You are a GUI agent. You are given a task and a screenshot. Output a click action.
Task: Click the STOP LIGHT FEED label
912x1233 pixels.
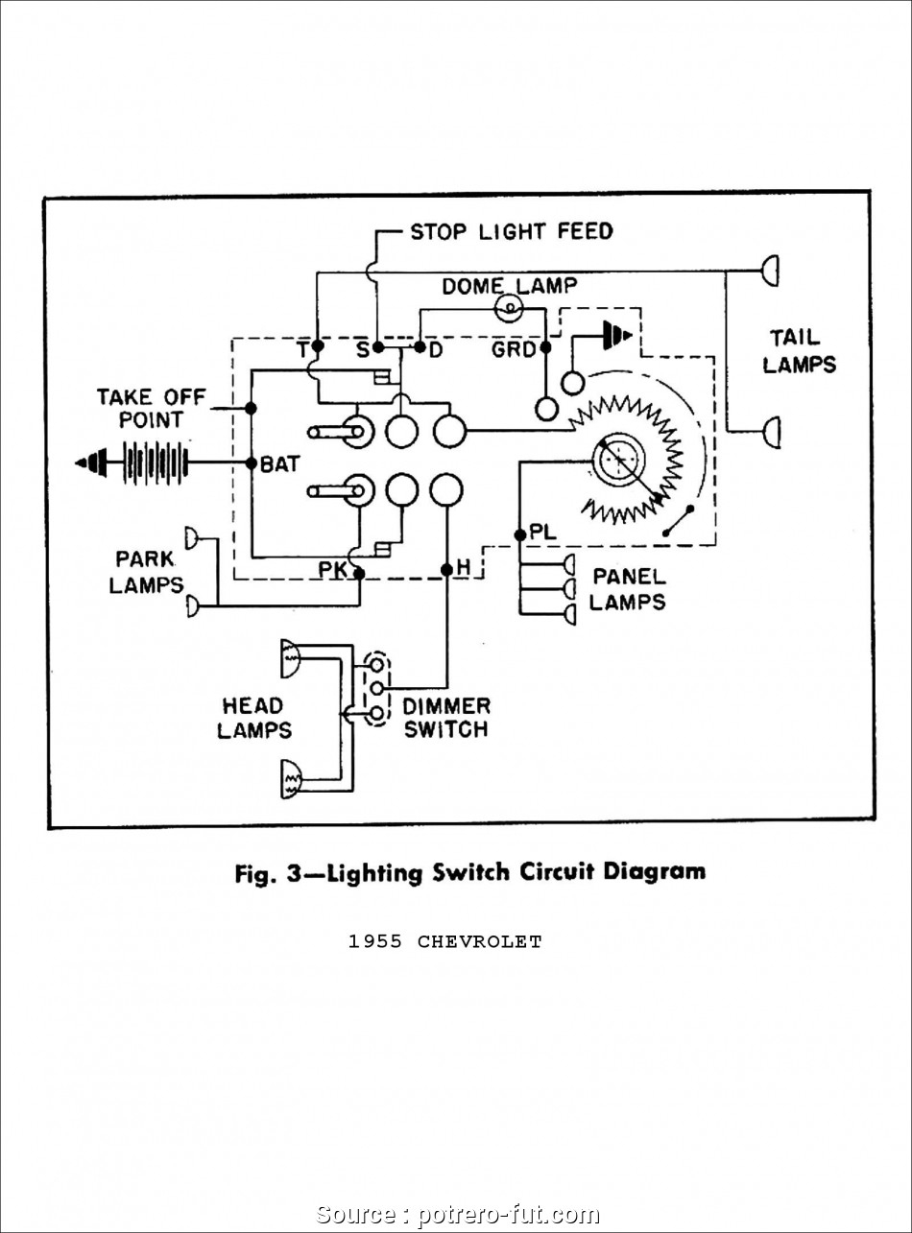pos(511,231)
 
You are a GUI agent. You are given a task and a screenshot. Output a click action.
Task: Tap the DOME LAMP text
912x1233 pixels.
pos(509,286)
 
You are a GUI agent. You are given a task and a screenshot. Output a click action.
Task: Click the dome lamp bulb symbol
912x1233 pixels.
pos(508,308)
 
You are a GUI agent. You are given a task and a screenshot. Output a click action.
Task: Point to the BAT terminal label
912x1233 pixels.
pos(280,464)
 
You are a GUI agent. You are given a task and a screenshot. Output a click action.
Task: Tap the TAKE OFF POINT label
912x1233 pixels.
pos(138,408)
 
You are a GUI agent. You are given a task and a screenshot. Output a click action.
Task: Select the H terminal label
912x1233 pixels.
pos(463,569)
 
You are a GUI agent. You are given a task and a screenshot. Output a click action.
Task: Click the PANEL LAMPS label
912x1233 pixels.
pos(627,588)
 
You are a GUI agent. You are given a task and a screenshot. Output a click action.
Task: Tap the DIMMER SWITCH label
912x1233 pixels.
pos(445,717)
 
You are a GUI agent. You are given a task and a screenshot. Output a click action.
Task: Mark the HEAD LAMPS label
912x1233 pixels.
pos(253,717)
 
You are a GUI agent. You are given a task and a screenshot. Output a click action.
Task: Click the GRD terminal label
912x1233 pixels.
pos(513,350)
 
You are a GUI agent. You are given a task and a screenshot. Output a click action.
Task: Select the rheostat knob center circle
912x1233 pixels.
pos(618,460)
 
